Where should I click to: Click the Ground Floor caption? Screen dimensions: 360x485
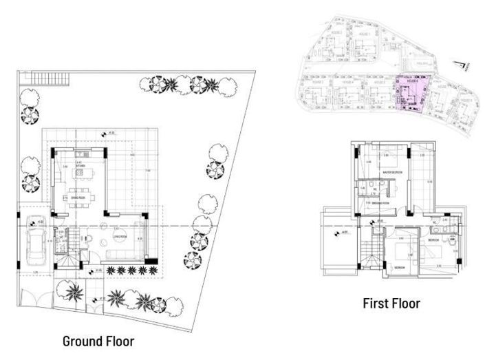tap(98, 341)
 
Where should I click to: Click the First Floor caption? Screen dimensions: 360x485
tap(392, 303)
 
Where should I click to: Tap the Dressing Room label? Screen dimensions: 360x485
tap(377, 204)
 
